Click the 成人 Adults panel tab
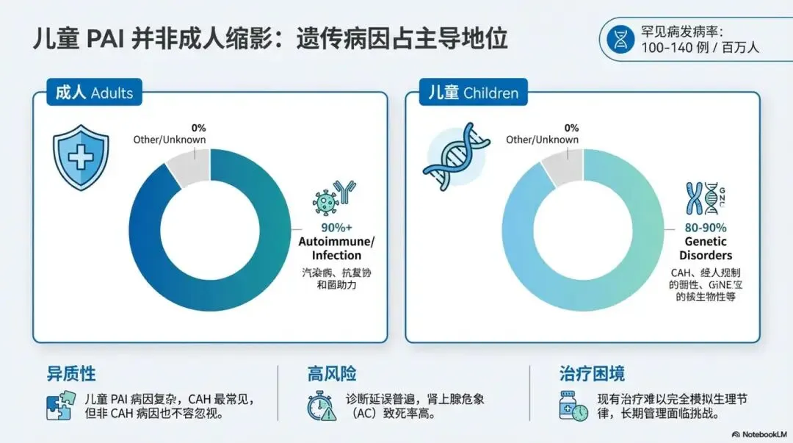click(95, 93)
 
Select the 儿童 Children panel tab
click(474, 93)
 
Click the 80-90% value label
click(706, 227)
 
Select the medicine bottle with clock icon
click(573, 406)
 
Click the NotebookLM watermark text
click(756, 433)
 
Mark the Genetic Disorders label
click(705, 248)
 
